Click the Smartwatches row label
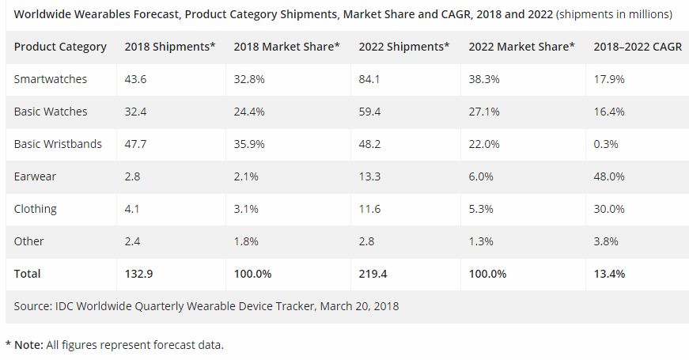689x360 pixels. [x=51, y=79]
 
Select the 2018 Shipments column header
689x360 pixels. [x=170, y=47]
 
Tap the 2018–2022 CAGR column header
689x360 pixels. [x=634, y=47]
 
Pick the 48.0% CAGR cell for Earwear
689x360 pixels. [x=609, y=176]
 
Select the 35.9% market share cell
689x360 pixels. [x=250, y=144]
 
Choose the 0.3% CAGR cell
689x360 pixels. [x=606, y=144]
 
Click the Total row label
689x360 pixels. [x=27, y=273]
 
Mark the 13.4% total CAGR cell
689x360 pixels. [x=609, y=273]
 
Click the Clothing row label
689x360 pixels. [x=36, y=209]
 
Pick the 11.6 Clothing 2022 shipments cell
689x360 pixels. [x=369, y=209]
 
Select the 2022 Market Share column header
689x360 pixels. [x=521, y=47]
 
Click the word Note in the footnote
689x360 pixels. [x=29, y=344]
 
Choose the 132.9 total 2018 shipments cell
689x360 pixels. [x=139, y=273]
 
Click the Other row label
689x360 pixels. [x=29, y=241]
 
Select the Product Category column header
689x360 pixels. [x=60, y=47]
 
